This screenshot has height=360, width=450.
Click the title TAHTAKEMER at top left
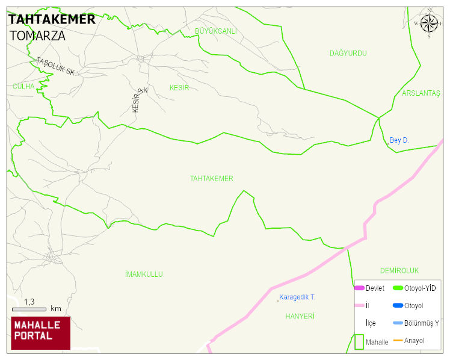[52, 19]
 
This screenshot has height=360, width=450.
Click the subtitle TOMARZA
[37, 35]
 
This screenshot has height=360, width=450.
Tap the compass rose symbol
[429, 23]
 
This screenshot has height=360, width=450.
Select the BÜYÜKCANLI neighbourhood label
[216, 31]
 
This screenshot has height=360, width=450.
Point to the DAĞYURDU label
[348, 54]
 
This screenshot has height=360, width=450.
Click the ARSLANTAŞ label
[421, 93]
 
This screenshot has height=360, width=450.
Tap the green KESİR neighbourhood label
[179, 88]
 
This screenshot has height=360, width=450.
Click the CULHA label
[24, 87]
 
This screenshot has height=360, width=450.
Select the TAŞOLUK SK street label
[55, 66]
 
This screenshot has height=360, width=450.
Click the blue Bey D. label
[399, 140]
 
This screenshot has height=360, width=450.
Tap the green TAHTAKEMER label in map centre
[211, 179]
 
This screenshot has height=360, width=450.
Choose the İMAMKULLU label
[144, 275]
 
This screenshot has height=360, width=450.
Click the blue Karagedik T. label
[297, 297]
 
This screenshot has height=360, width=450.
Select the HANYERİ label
[300, 316]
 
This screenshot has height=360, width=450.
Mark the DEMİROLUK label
[399, 271]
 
